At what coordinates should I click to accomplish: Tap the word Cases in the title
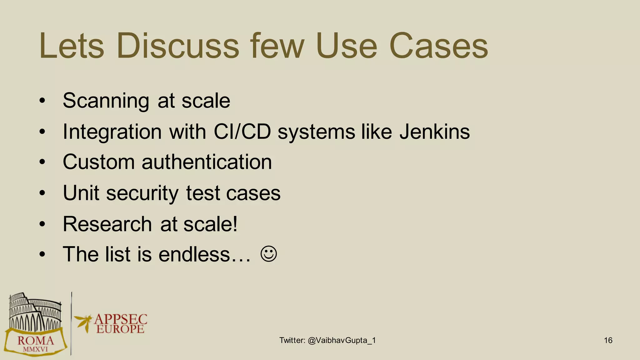click(x=438, y=46)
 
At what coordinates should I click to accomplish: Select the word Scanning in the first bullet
click(x=106, y=101)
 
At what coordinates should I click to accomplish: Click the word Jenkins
click(x=434, y=132)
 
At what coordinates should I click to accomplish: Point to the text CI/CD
click(x=242, y=132)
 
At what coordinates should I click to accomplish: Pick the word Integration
click(x=112, y=132)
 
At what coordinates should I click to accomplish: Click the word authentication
click(x=207, y=162)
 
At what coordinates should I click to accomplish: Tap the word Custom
click(x=98, y=162)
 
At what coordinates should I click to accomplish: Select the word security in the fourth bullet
click(x=142, y=193)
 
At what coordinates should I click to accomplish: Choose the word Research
click(x=107, y=224)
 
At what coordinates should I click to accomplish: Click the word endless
click(x=194, y=254)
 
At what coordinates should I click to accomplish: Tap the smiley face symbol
click(x=268, y=254)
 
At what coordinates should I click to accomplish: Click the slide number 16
click(x=608, y=340)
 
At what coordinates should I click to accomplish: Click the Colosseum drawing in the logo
click(x=34, y=312)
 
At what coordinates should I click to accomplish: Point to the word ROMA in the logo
click(x=36, y=341)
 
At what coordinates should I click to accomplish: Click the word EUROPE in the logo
click(x=120, y=329)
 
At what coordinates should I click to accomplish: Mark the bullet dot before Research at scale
click(x=42, y=224)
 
